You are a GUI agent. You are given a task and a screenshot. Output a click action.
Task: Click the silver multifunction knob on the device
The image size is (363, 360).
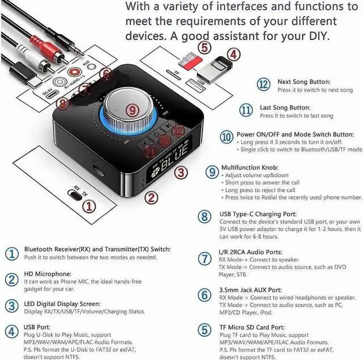click(132, 108)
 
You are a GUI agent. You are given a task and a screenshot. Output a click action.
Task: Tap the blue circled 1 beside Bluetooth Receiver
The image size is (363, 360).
click(11, 253)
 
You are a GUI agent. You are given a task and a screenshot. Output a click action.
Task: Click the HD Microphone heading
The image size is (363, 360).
click(47, 274)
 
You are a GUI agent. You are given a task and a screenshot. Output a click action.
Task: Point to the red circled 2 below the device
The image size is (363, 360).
click(151, 197)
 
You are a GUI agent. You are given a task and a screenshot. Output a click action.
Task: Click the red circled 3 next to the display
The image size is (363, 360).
click(180, 172)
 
